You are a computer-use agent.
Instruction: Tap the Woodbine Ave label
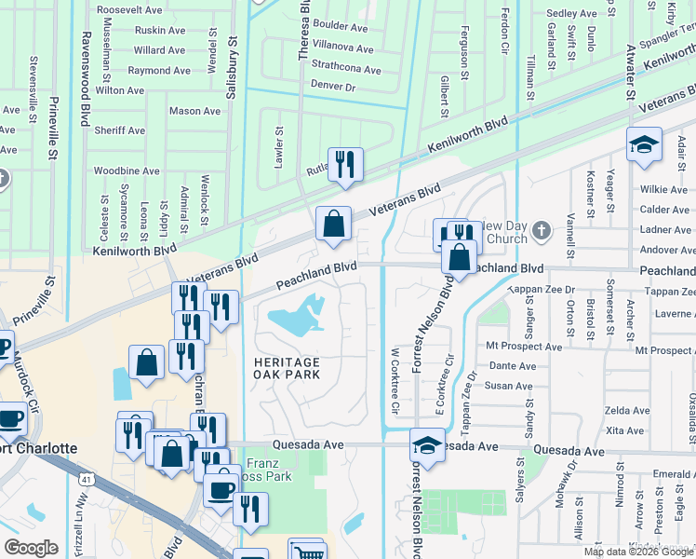click(x=127, y=171)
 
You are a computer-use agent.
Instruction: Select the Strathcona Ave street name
click(x=346, y=70)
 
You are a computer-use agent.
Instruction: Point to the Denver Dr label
click(x=333, y=87)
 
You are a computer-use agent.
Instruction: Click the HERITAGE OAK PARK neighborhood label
click(x=288, y=368)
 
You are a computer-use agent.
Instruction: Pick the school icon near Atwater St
click(x=644, y=145)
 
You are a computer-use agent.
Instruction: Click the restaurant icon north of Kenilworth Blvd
click(x=345, y=164)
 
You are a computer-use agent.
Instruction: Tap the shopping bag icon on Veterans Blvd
click(x=333, y=224)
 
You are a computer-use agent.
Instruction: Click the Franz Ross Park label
click(x=269, y=470)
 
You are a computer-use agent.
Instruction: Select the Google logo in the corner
click(x=32, y=548)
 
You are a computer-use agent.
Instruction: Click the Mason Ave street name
click(x=194, y=112)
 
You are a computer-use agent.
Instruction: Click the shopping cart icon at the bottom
click(x=305, y=552)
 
